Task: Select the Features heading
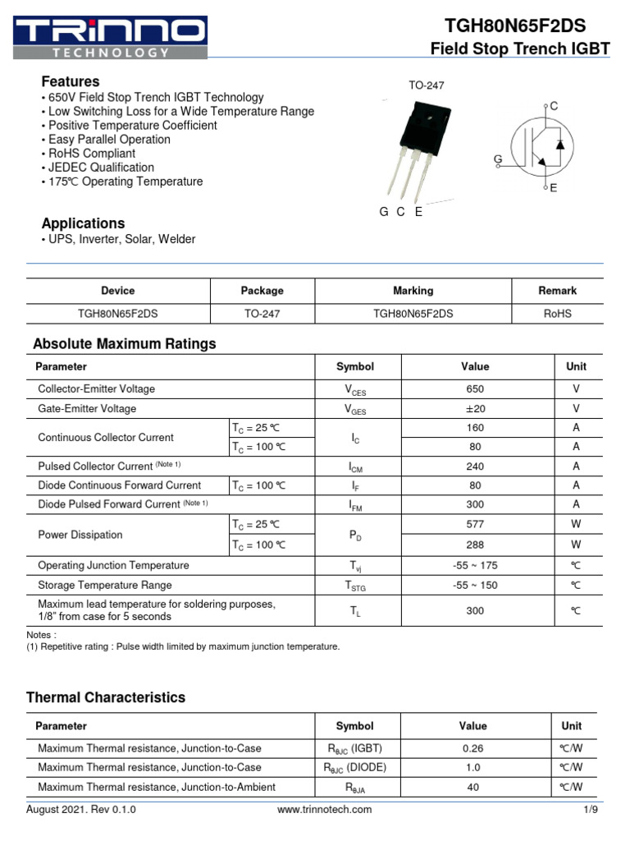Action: tap(71, 81)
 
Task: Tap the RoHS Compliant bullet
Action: tap(91, 154)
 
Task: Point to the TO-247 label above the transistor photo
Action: tap(426, 85)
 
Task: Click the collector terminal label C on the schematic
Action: tap(554, 106)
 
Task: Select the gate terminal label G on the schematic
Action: tap(497, 159)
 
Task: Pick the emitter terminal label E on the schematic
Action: tap(554, 188)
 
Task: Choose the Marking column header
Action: tap(413, 291)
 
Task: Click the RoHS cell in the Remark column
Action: tap(557, 314)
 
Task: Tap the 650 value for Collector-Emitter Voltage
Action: tap(475, 389)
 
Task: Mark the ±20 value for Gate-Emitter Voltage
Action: tap(475, 409)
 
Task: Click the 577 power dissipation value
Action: tap(475, 525)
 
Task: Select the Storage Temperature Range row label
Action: tap(105, 586)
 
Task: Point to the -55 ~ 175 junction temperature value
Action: tap(475, 566)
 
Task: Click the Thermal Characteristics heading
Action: tap(106, 697)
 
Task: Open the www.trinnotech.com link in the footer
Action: tap(324, 810)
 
